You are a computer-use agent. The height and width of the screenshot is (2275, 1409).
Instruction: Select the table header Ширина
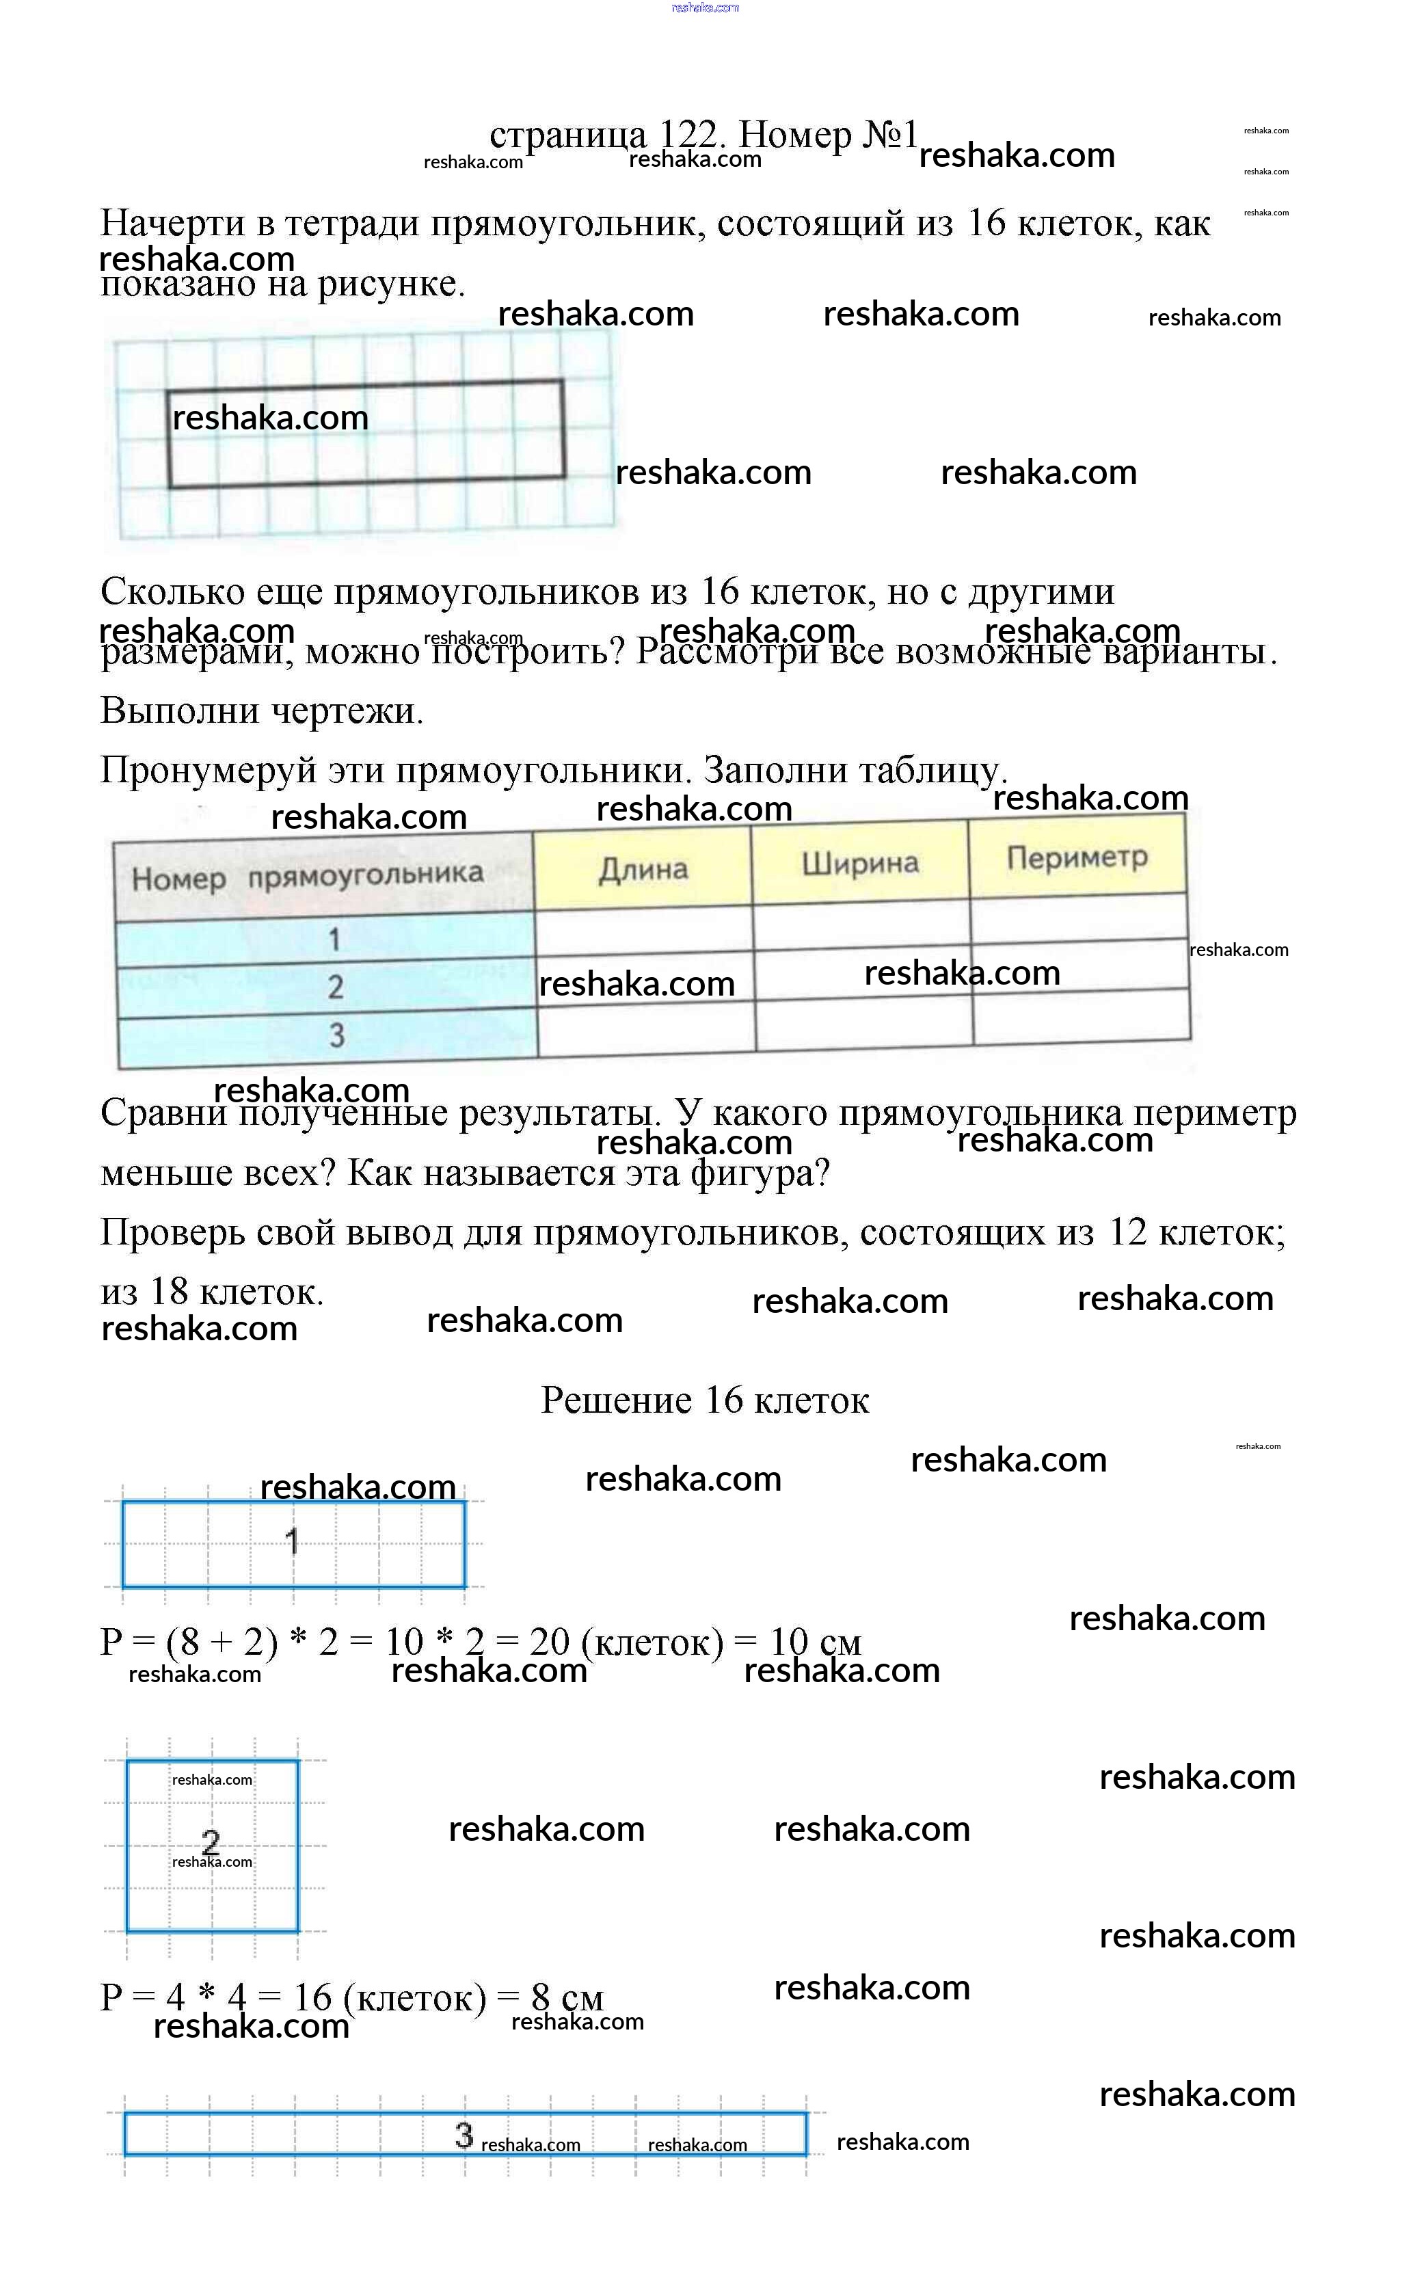coord(859,863)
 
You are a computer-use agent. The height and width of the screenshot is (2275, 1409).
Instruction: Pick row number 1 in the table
coord(334,939)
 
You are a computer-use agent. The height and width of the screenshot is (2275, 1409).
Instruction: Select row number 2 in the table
coord(336,987)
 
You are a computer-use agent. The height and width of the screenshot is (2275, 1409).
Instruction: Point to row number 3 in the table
coord(336,1035)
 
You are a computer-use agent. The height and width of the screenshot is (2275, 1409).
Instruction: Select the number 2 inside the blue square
coord(211,1841)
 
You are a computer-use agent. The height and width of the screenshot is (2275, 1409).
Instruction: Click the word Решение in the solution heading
coord(616,1400)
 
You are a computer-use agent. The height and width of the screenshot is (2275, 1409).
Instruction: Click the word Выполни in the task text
coord(164,711)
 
